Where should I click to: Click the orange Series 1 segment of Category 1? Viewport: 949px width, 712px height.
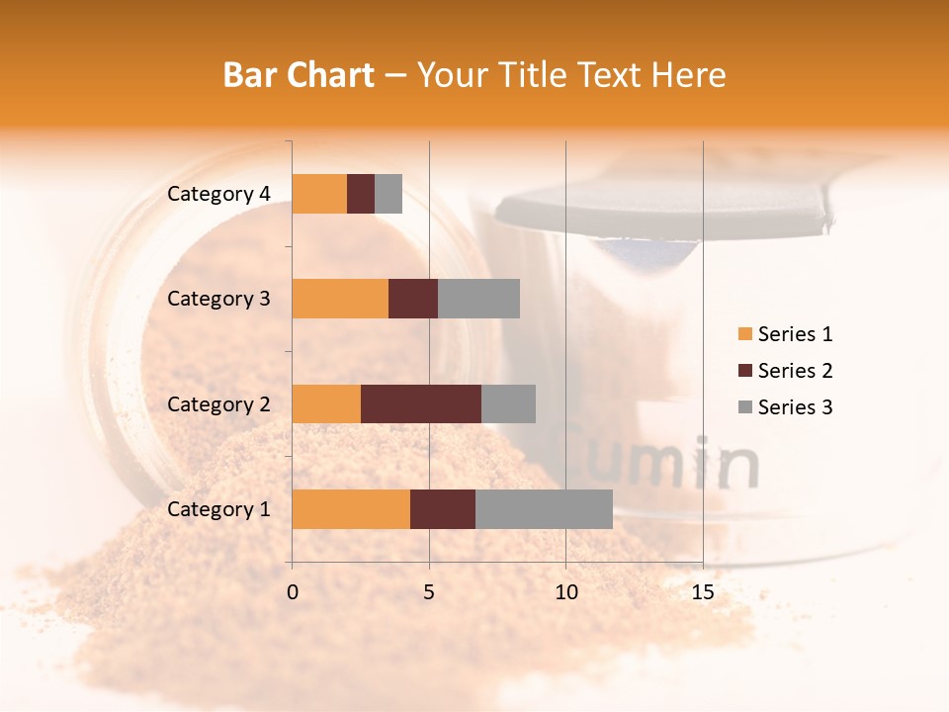click(x=351, y=509)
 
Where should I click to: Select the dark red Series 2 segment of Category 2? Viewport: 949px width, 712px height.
click(x=421, y=403)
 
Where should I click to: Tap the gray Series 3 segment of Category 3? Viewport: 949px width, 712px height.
click(x=478, y=299)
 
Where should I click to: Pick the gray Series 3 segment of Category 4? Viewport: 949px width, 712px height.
click(x=388, y=194)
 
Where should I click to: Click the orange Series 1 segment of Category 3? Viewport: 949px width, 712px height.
click(x=340, y=299)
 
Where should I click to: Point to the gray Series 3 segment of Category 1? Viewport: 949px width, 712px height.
click(x=544, y=509)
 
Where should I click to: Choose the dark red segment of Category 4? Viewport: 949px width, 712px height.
click(x=361, y=194)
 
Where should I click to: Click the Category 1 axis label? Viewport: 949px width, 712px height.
click(x=218, y=509)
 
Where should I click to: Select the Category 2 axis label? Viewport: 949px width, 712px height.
click(x=218, y=403)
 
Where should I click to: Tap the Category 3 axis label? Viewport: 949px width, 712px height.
click(x=218, y=299)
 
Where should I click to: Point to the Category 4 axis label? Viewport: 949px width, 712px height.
click(x=218, y=194)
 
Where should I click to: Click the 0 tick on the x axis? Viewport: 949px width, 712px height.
click(x=293, y=592)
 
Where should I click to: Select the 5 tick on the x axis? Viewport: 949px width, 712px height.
click(x=429, y=592)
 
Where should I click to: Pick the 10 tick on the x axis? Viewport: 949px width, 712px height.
click(x=565, y=592)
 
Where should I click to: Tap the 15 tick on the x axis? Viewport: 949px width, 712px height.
click(x=703, y=592)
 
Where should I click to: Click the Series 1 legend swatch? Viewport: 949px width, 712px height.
click(x=744, y=334)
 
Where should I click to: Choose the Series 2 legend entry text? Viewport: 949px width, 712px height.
click(x=795, y=371)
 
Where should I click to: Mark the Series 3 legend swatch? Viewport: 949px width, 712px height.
click(x=744, y=407)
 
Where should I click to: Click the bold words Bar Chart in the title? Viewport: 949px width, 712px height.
click(x=299, y=75)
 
